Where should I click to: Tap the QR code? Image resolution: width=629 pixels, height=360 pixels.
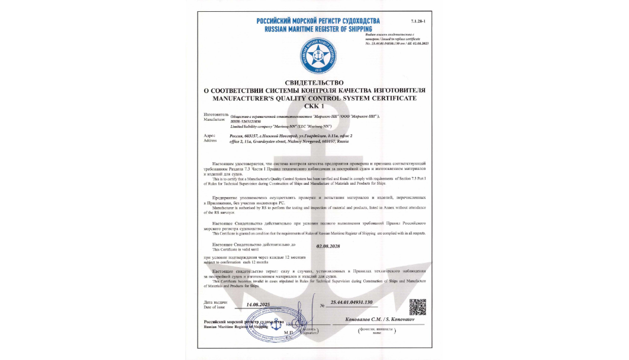[x=418, y=307]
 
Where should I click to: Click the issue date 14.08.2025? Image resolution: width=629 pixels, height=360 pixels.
[x=258, y=304]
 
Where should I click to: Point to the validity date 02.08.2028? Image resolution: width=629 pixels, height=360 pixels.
[x=328, y=246]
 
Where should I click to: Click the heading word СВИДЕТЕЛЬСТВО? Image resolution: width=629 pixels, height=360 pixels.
[x=314, y=83]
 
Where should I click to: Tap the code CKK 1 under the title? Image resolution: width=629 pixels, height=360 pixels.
[x=314, y=105]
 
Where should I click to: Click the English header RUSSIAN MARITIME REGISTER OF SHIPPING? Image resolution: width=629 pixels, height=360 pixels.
[x=314, y=28]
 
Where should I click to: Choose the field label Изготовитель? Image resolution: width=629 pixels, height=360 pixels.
[x=216, y=113]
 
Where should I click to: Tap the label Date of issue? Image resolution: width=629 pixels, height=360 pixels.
[x=214, y=307]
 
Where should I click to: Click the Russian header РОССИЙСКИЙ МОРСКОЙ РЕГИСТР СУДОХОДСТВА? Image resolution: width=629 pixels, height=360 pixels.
[x=314, y=21]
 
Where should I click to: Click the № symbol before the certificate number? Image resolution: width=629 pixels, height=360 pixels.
[x=322, y=306]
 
